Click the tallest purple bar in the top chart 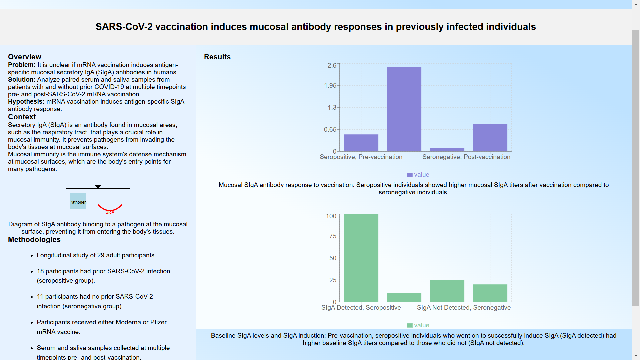click(404, 109)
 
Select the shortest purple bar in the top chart click(447, 150)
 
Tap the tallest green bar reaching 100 click(361, 258)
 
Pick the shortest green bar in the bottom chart click(404, 297)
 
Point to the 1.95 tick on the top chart click(330, 86)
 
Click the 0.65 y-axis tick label click(330, 129)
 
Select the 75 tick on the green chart click(333, 236)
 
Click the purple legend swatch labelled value click(410, 175)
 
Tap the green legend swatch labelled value click(410, 325)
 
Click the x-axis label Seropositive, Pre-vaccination click(361, 157)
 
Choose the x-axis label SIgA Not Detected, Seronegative click(464, 308)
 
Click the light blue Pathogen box click(78, 201)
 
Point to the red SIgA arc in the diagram click(110, 209)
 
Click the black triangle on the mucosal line click(98, 186)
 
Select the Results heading click(217, 57)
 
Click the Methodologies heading click(34, 240)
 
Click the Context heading click(22, 117)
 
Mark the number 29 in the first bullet click(101, 255)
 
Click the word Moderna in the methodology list click(128, 322)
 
